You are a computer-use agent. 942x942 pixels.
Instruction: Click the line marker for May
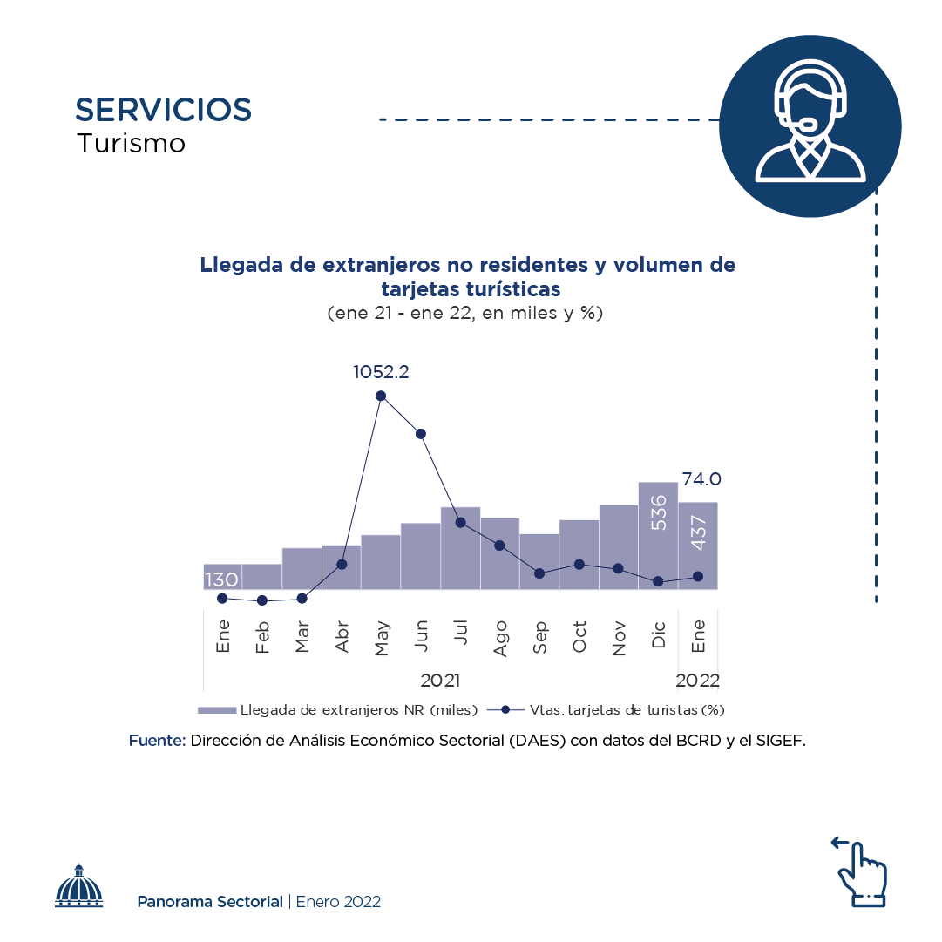[381, 396]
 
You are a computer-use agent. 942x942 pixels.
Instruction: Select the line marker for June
[421, 434]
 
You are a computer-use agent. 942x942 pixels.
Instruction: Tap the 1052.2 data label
[381, 372]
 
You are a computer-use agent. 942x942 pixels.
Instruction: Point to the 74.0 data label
[701, 479]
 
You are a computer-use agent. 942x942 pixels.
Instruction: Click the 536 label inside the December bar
[659, 512]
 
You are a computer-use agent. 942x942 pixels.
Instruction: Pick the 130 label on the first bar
[221, 580]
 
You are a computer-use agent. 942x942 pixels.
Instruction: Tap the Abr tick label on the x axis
[342, 637]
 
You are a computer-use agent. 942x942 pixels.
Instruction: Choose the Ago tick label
[500, 637]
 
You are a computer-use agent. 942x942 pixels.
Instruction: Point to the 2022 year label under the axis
[698, 680]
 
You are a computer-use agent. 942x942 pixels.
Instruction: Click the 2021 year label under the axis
[440, 680]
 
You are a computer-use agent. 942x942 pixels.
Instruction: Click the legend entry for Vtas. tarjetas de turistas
[607, 710]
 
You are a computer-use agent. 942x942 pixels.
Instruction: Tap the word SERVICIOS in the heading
[164, 110]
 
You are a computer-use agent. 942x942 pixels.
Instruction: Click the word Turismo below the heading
[132, 143]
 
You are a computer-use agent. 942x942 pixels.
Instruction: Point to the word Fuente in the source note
[157, 741]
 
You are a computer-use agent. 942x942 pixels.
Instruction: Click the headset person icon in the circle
[810, 125]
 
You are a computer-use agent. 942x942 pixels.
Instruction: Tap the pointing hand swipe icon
[861, 871]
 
